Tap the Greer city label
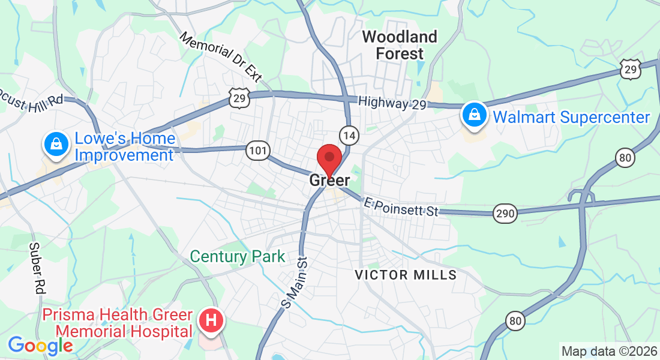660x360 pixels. pyautogui.click(x=329, y=180)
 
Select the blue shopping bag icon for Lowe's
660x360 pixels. pyautogui.click(x=55, y=144)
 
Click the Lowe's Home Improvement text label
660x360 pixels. pyautogui.click(x=125, y=147)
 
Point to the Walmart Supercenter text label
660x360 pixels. pyautogui.click(x=571, y=117)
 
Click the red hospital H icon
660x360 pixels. pyautogui.click(x=211, y=320)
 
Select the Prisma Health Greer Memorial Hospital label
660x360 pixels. pyautogui.click(x=117, y=323)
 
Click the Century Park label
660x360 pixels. pyautogui.click(x=238, y=257)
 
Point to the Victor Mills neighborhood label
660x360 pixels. pyautogui.click(x=406, y=275)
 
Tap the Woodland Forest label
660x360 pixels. pyautogui.click(x=400, y=45)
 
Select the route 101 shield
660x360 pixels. pyautogui.click(x=258, y=151)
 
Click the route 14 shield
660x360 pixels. pyautogui.click(x=349, y=136)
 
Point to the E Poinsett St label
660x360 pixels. pyautogui.click(x=401, y=207)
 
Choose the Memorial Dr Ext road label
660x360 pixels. pyautogui.click(x=221, y=58)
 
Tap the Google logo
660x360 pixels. pyautogui.click(x=40, y=346)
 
